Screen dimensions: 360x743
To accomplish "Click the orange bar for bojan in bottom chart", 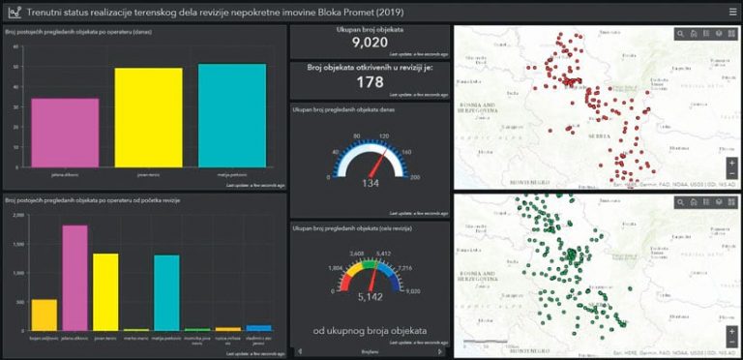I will pyautogui.click(x=44, y=315).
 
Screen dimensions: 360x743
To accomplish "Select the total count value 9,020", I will pyautogui.click(x=370, y=43).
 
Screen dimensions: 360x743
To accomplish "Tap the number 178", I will pyautogui.click(x=370, y=83).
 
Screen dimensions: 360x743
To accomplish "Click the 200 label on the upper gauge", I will pyautogui.click(x=415, y=178).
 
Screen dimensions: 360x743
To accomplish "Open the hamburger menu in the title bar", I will pyautogui.click(x=732, y=12).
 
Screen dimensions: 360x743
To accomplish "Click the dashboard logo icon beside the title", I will pyautogui.click(x=15, y=12).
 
